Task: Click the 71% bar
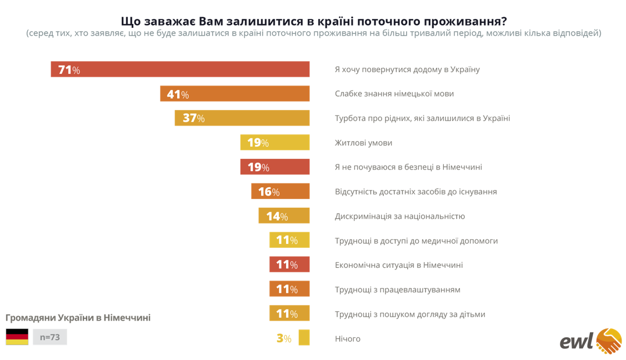coord(180,69)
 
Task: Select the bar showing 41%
coord(234,94)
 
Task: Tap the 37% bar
coord(242,118)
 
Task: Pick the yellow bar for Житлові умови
coord(274,143)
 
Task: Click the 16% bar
coord(280,192)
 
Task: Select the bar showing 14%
coord(283,216)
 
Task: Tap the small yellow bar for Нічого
coord(304,338)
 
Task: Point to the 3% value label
coord(283,338)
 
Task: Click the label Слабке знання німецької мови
coord(394,94)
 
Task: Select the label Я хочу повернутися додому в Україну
coord(407,69)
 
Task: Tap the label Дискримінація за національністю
coord(399,216)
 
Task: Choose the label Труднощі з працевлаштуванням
coord(397,289)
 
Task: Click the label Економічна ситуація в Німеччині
coord(398,265)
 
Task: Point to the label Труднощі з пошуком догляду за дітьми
coord(409,314)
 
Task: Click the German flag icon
coord(17,337)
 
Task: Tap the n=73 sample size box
coord(49,337)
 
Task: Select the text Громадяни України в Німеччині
coord(78,318)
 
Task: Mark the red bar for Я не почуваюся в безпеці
coord(274,167)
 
